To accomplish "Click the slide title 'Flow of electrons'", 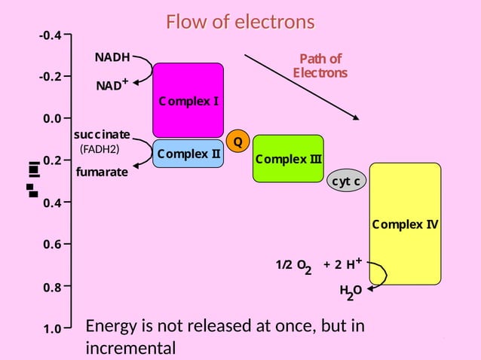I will (x=240, y=22).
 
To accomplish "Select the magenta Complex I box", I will (x=188, y=100).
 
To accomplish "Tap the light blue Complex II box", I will (x=188, y=154).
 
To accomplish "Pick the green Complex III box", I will (x=288, y=159).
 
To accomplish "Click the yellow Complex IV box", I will (x=405, y=224).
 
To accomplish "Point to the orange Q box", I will (x=237, y=141).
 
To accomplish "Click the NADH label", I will (x=112, y=57).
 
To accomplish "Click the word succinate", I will (x=102, y=134).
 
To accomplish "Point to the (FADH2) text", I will (x=100, y=149).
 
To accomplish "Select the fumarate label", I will (x=102, y=172).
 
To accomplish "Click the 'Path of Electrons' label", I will (x=320, y=66).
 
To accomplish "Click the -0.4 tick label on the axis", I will (x=51, y=35).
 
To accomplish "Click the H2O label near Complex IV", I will (x=351, y=291).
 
